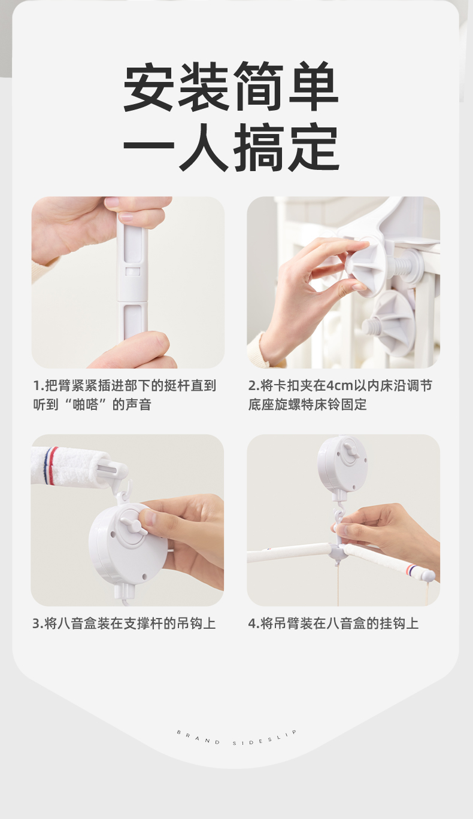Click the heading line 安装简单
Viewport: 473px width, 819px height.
pyautogui.click(x=231, y=87)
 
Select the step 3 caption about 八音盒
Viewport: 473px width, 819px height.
pyautogui.click(x=124, y=623)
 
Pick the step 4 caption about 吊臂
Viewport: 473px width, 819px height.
pyautogui.click(x=333, y=623)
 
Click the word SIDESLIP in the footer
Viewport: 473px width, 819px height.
pyautogui.click(x=265, y=738)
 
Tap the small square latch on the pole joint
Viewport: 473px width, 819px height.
pyautogui.click(x=133, y=271)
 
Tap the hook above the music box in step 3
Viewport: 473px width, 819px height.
pyautogui.click(x=126, y=489)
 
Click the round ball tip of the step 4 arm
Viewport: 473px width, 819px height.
pyautogui.click(x=428, y=576)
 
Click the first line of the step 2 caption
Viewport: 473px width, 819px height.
pyautogui.click(x=341, y=386)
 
